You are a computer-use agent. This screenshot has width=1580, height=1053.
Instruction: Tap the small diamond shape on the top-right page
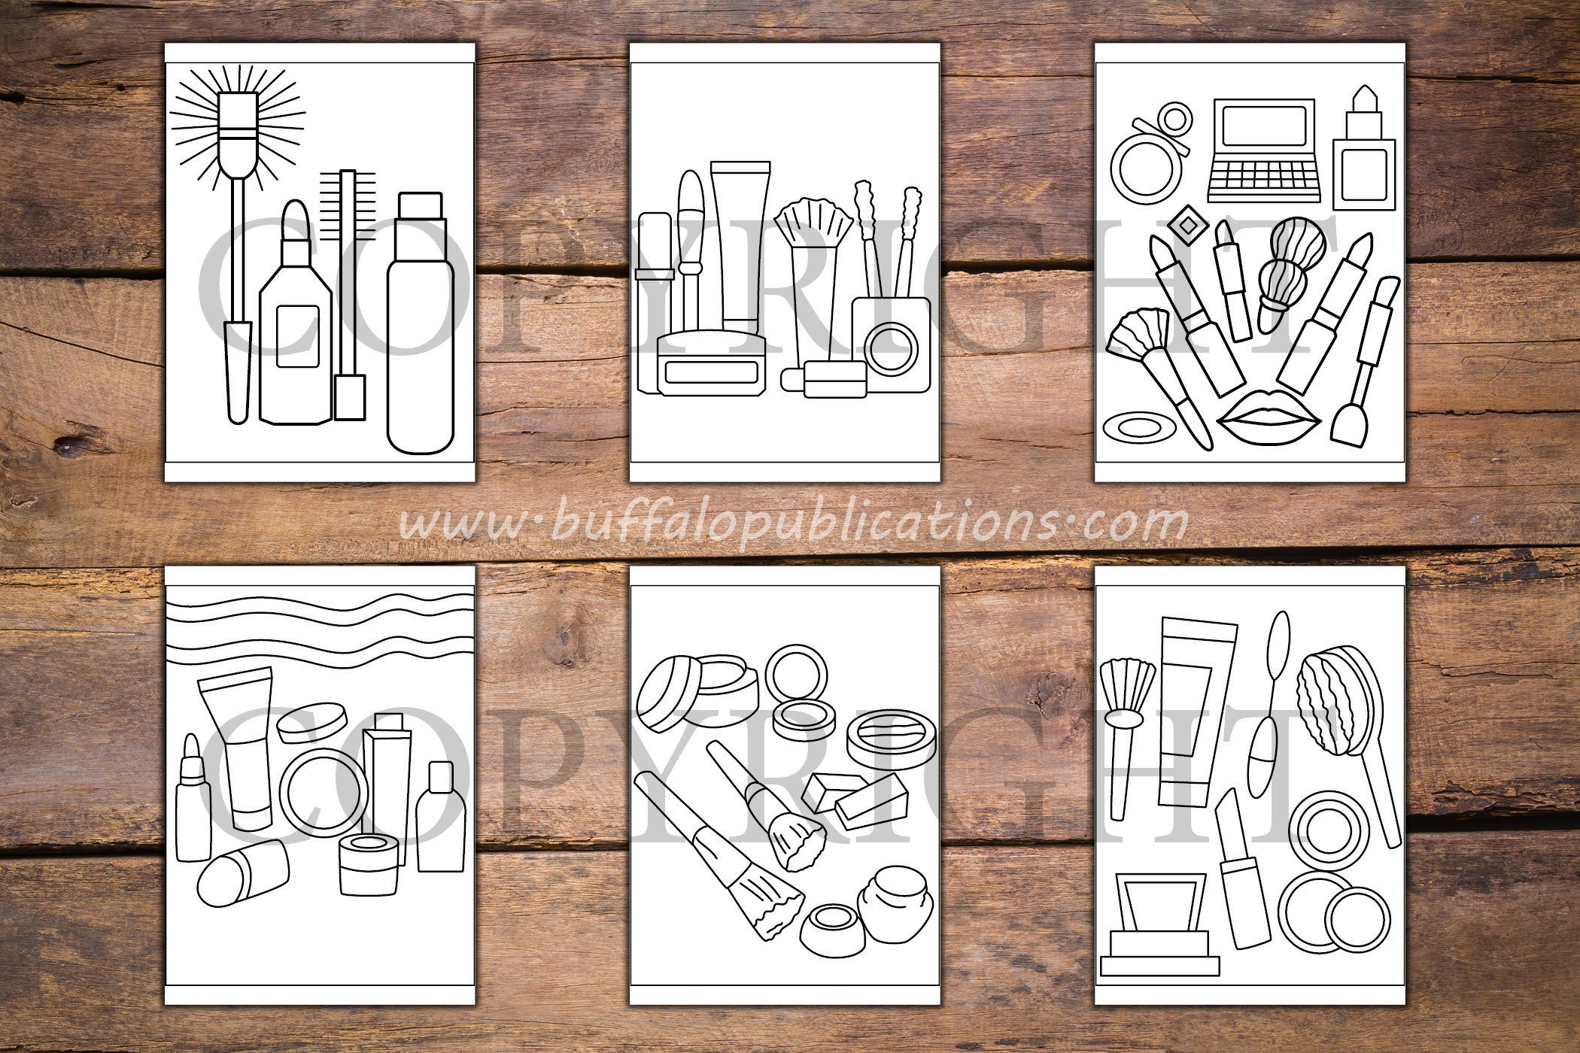pos(1188,224)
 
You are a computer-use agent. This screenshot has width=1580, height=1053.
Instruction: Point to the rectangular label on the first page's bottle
pos(298,335)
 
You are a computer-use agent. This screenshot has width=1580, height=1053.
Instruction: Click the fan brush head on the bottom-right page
pos(1127,687)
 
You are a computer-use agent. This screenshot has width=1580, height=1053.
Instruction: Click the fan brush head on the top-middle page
pos(813,221)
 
